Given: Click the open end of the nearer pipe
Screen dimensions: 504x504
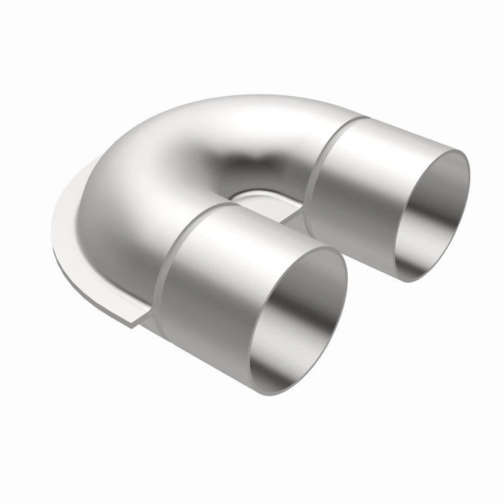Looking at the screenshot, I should pos(297,321).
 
